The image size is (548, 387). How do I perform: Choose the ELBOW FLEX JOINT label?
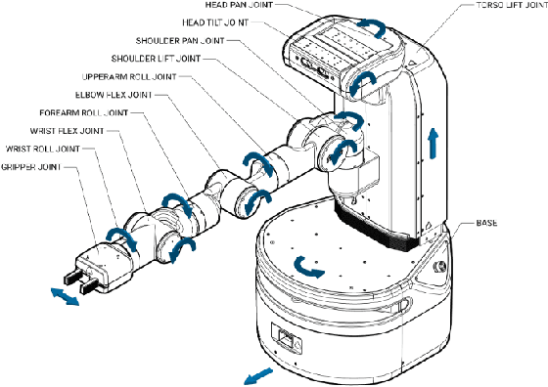tap(107, 96)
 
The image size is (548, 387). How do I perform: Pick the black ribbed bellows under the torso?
tap(382, 226)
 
